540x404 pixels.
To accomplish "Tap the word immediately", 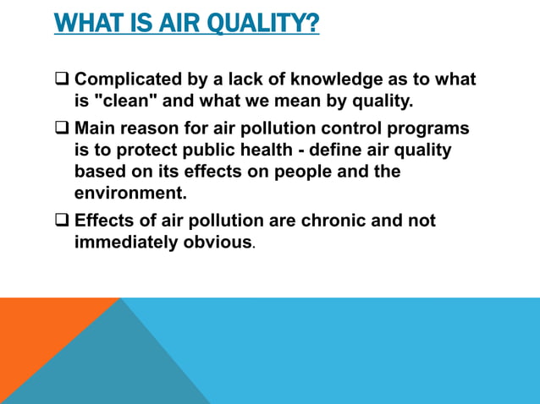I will (129, 243).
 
